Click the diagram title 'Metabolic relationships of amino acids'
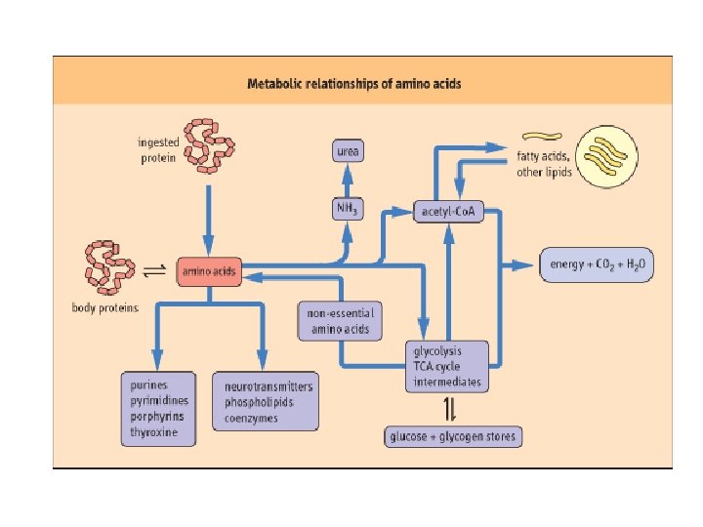[x=354, y=84]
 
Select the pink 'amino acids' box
[x=207, y=272]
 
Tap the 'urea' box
[x=348, y=152]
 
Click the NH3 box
[x=348, y=210]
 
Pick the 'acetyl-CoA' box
[x=448, y=211]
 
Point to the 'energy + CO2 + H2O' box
[x=598, y=265]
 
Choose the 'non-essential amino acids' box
[x=340, y=321]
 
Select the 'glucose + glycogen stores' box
[x=452, y=436]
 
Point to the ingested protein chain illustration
[x=211, y=143]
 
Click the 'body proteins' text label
[x=105, y=307]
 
